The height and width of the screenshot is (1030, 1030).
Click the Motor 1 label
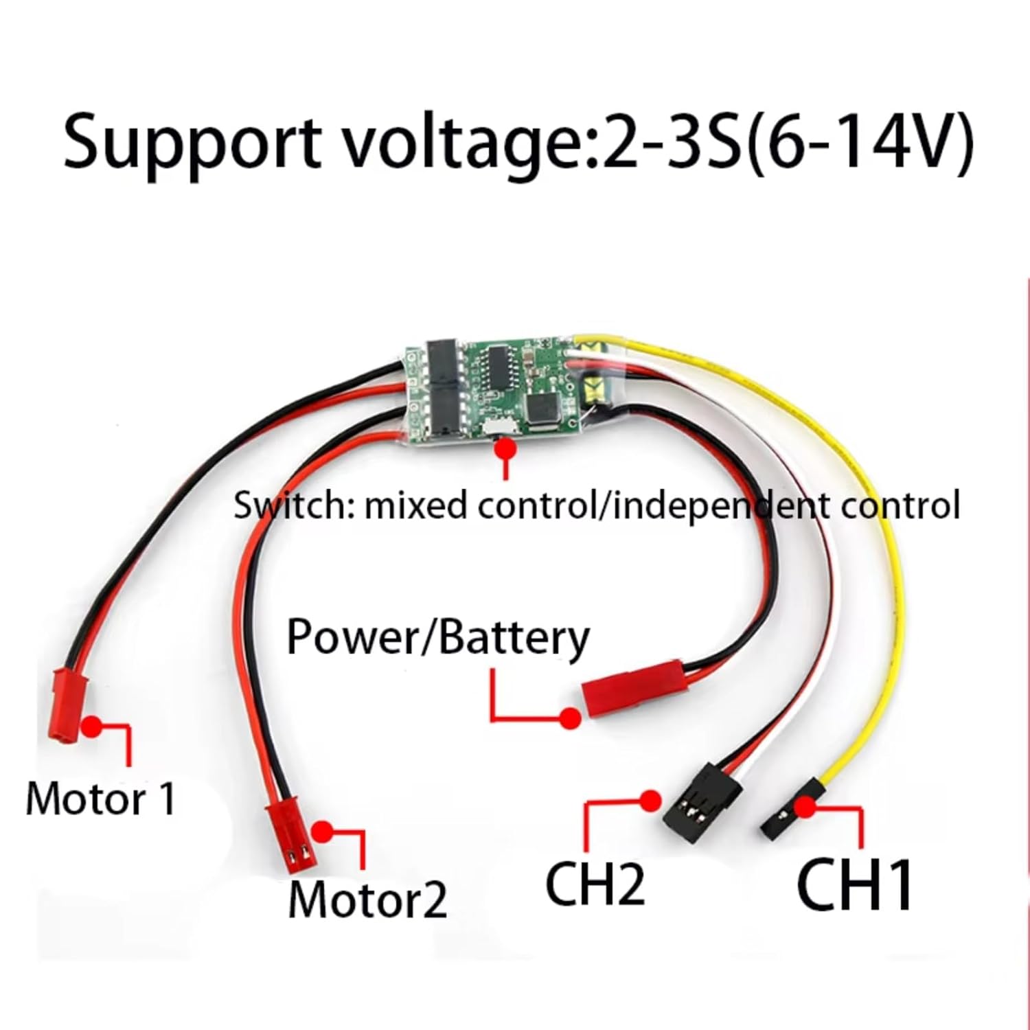click(x=100, y=799)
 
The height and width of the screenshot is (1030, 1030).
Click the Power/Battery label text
click(x=437, y=638)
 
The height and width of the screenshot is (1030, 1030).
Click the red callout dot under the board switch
click(x=507, y=450)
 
